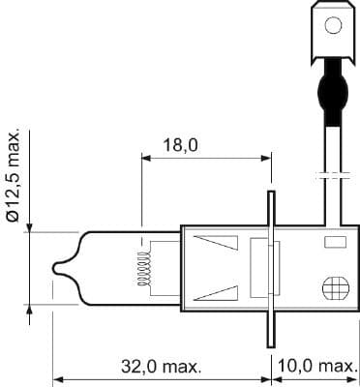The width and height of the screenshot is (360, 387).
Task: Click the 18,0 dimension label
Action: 181,145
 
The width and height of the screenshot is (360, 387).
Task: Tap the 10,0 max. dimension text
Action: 316,367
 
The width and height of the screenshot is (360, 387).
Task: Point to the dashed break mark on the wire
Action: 331,176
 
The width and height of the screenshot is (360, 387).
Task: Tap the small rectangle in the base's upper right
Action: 335,241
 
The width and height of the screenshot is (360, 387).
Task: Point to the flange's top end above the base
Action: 270,198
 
